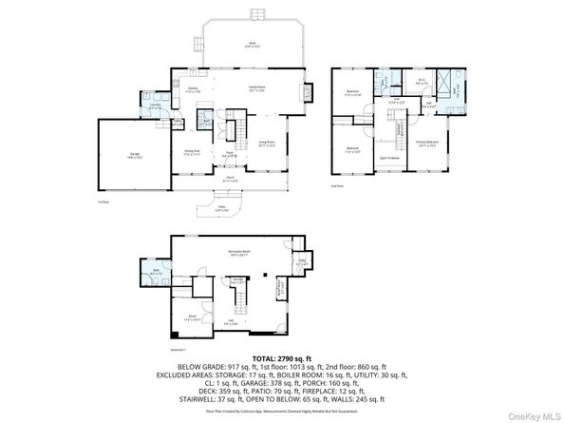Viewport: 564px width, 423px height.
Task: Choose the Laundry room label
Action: point(155,107)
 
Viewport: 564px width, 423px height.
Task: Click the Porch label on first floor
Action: point(230,177)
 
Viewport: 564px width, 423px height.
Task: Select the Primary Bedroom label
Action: point(426,144)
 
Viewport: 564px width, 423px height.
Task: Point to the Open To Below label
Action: point(388,158)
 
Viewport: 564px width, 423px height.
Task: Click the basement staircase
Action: point(240,302)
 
